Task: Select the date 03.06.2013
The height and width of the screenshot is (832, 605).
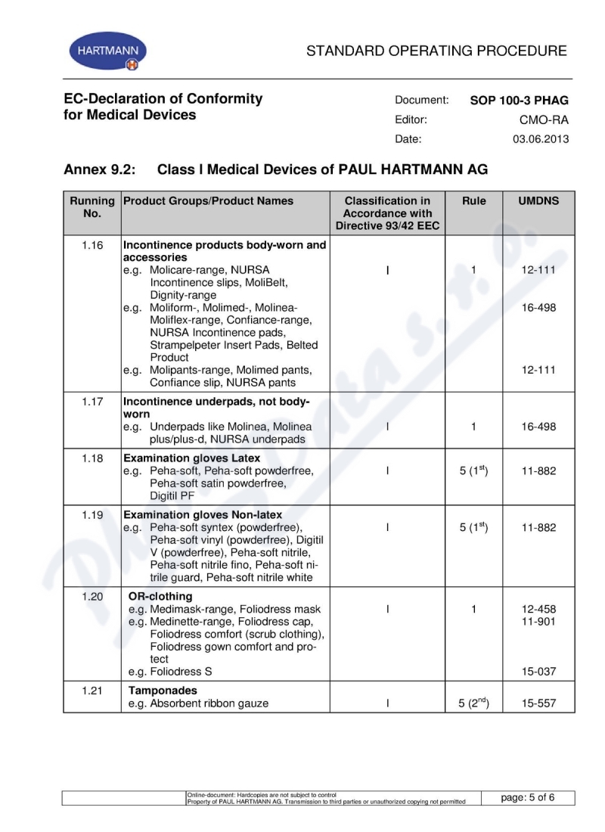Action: point(541,139)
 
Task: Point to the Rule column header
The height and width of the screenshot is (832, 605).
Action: point(473,201)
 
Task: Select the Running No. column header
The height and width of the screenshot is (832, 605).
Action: point(92,207)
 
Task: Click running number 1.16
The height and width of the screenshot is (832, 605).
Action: point(92,245)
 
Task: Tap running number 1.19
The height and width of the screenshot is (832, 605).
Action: point(92,514)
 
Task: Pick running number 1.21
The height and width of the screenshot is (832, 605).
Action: point(92,691)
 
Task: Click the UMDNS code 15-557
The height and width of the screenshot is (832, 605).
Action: point(538,703)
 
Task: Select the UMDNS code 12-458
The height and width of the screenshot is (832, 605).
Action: point(538,609)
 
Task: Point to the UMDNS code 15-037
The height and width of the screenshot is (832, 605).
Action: point(538,672)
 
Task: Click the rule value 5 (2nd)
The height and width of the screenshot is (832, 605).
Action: point(474,703)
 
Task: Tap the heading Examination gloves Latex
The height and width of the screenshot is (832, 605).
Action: point(191,458)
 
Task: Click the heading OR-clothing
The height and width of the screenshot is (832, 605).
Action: point(160,596)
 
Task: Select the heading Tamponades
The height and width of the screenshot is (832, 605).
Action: point(163,691)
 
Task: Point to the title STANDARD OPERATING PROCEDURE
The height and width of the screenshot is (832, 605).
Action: point(436,51)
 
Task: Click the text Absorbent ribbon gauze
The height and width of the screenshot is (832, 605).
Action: point(209,703)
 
